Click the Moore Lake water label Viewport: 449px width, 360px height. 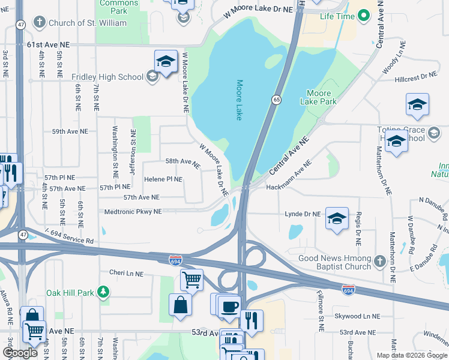239,100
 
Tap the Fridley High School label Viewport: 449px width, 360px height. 107,77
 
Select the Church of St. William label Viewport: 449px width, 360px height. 88,23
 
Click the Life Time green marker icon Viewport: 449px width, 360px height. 363,16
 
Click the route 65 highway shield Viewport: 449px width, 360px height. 276,100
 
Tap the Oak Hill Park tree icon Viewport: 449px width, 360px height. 104,292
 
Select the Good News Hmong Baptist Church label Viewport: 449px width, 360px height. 335,262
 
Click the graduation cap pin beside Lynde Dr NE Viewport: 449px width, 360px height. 337,218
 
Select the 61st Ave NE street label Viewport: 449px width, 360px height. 49,44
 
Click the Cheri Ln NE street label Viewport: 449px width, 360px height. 126,273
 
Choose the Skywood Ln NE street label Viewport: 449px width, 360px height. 357,316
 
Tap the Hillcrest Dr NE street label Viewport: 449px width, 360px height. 416,76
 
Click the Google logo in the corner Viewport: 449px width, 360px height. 20,353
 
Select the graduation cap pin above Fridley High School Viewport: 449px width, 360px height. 166,61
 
